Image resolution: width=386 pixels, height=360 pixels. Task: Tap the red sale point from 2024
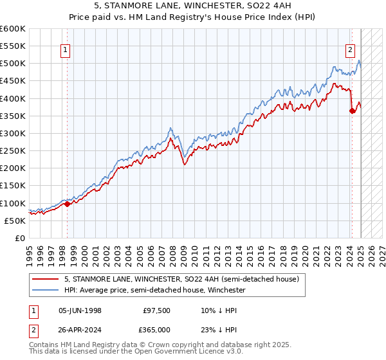click(352, 111)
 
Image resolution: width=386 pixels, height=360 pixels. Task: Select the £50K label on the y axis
click(15, 221)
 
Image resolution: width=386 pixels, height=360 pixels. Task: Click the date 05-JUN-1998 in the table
click(80, 310)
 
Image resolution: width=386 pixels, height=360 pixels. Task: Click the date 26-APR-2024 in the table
click(80, 329)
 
